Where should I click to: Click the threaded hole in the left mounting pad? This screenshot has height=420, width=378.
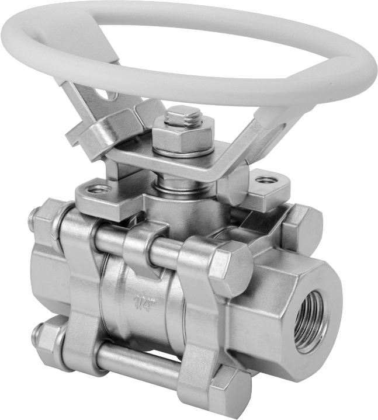(98, 190)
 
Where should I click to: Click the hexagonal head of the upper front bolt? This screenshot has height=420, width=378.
(230, 265)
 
